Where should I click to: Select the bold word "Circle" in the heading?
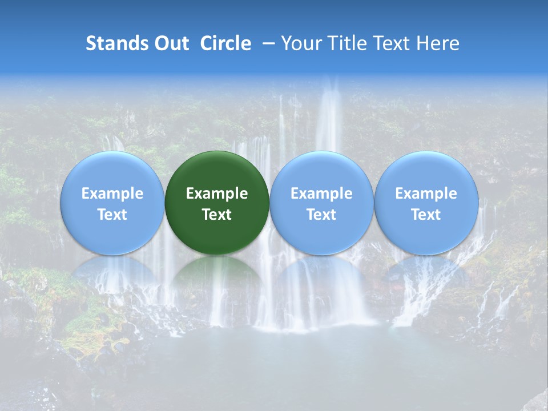point(225,43)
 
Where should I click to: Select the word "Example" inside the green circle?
point(217,194)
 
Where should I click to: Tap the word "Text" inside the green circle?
point(217,215)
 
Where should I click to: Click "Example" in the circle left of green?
point(112,194)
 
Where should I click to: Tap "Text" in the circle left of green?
point(112,215)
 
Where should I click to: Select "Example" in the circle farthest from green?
point(426,194)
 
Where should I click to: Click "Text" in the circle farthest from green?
point(426,215)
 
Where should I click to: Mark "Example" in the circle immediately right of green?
point(321,194)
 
